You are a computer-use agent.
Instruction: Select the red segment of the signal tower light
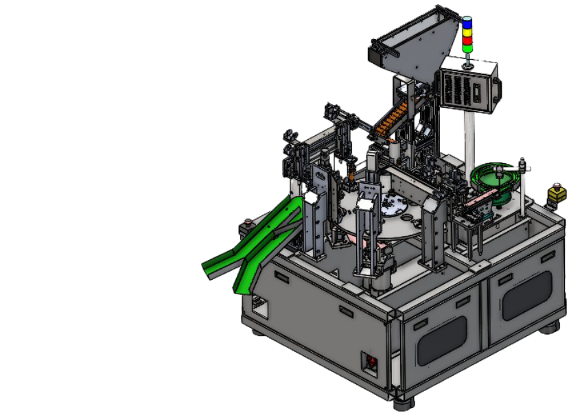pyautogui.click(x=467, y=39)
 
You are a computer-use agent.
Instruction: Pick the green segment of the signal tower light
pyautogui.click(x=467, y=47)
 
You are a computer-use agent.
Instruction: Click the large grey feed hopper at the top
pyautogui.click(x=412, y=48)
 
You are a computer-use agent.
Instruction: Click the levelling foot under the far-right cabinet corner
pyautogui.click(x=549, y=329)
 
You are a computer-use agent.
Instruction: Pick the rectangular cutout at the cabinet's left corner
pyautogui.click(x=259, y=305)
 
